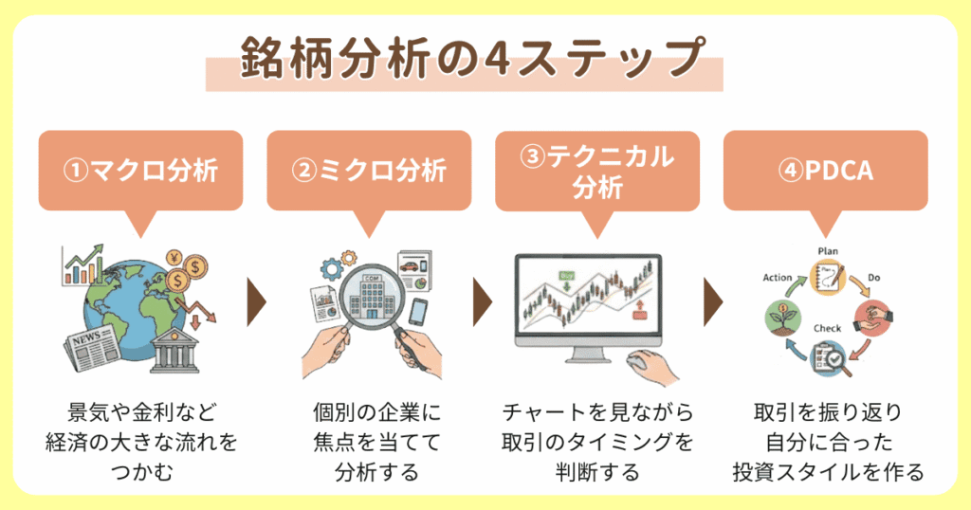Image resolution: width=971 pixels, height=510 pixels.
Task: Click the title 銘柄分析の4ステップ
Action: click(465, 58)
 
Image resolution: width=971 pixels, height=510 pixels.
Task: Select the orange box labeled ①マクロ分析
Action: click(140, 171)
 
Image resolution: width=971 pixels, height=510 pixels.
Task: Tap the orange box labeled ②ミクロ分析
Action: click(369, 171)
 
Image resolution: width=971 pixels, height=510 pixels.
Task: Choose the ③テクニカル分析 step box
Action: click(597, 171)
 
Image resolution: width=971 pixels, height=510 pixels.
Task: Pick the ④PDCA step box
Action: click(825, 171)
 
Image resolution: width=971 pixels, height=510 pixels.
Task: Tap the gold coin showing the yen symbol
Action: click(173, 258)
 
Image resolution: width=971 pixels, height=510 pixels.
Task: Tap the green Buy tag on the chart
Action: click(568, 276)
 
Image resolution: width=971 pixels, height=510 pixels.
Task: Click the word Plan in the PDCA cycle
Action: click(829, 250)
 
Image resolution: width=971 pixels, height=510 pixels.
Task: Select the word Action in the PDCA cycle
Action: click(778, 278)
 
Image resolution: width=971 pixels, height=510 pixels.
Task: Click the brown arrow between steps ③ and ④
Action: click(713, 302)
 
